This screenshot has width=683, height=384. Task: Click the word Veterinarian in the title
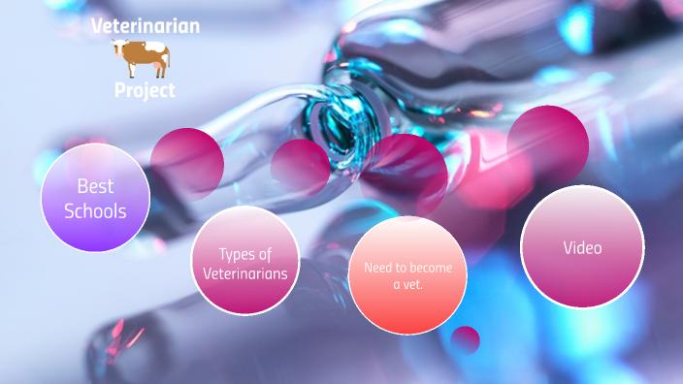[x=146, y=25]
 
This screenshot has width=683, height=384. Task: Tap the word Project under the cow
[x=145, y=90]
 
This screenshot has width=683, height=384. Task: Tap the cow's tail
[x=167, y=60]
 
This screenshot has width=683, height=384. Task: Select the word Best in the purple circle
[x=95, y=186]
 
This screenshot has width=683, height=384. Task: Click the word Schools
[x=95, y=209]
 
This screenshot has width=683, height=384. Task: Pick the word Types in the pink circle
[x=244, y=254]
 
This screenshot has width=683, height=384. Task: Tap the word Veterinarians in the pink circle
[x=244, y=273]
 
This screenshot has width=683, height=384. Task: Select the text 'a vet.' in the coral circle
[x=407, y=285]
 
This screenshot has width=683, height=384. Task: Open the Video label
[x=582, y=247]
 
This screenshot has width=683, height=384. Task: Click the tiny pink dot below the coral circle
[x=466, y=339]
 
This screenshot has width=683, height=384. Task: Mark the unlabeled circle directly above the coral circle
[x=407, y=175]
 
